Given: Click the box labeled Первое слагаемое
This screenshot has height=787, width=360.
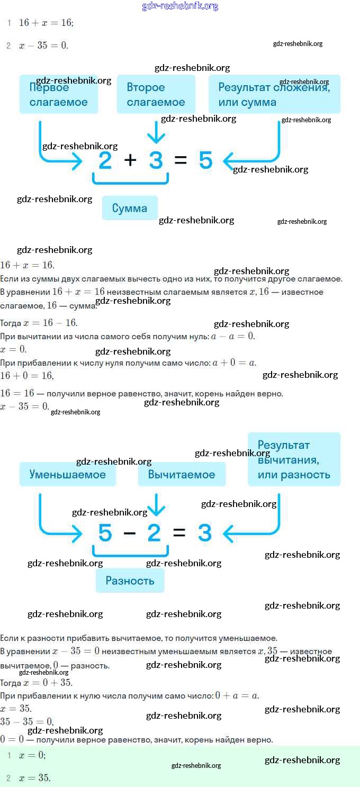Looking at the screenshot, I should (x=59, y=95).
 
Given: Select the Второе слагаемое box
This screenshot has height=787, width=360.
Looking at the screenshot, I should (x=156, y=95).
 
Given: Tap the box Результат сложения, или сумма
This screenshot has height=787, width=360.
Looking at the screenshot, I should (x=274, y=95).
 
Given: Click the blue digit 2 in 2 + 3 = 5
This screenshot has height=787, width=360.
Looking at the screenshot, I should (x=105, y=160).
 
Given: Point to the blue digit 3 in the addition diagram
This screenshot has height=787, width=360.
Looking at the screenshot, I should (x=156, y=160).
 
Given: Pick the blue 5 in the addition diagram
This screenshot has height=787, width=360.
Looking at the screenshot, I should (x=206, y=160).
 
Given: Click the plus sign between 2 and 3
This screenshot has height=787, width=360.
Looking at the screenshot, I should (x=130, y=160).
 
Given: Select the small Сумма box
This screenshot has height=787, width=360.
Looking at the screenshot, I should (x=130, y=208).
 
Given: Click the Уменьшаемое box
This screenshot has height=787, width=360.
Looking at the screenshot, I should (x=67, y=474).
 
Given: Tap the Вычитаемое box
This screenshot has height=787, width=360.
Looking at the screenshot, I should (x=182, y=474).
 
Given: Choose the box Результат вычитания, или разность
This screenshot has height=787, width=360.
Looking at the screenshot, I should (x=294, y=459).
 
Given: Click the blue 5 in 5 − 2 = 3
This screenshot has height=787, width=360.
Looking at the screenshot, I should (x=105, y=533).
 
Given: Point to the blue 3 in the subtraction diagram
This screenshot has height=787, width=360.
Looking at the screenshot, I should (x=205, y=533).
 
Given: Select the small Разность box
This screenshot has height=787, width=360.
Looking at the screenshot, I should (x=130, y=581).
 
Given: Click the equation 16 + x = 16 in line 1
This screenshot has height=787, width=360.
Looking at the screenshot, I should (x=46, y=23).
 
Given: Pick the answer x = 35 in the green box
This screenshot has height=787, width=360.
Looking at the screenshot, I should (x=34, y=778).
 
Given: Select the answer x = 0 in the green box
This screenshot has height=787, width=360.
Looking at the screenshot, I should (x=32, y=756).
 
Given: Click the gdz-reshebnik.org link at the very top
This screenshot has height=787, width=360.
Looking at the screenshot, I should (x=180, y=6).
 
